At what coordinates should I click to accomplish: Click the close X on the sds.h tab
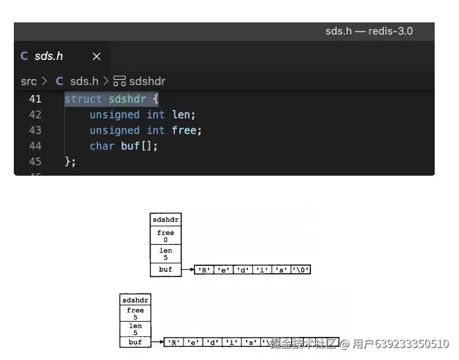(96, 57)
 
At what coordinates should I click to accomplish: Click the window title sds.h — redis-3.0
(369, 31)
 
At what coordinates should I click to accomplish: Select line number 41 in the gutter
(35, 99)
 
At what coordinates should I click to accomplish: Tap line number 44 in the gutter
(35, 145)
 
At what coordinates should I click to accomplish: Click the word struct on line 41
(83, 99)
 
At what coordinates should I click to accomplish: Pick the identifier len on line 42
(181, 115)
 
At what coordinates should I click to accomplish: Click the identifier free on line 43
(184, 130)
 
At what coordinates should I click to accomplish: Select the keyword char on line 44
(102, 145)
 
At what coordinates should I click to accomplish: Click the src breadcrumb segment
(29, 81)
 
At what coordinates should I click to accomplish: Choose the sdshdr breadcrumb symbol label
(147, 81)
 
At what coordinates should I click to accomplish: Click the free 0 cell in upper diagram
(166, 236)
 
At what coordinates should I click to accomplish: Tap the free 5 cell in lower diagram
(135, 313)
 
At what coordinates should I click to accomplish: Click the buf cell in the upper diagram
(166, 270)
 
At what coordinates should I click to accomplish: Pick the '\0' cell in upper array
(301, 270)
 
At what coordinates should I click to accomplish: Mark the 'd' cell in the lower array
(212, 343)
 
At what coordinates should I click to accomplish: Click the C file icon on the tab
(24, 57)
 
